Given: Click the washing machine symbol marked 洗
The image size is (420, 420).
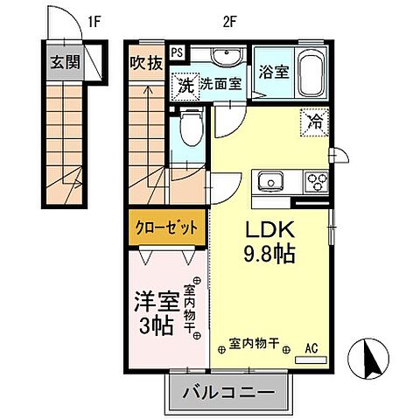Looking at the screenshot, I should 185,86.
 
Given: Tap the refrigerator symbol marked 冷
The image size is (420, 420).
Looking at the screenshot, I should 312,122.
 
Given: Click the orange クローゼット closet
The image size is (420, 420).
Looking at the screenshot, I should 166,228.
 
